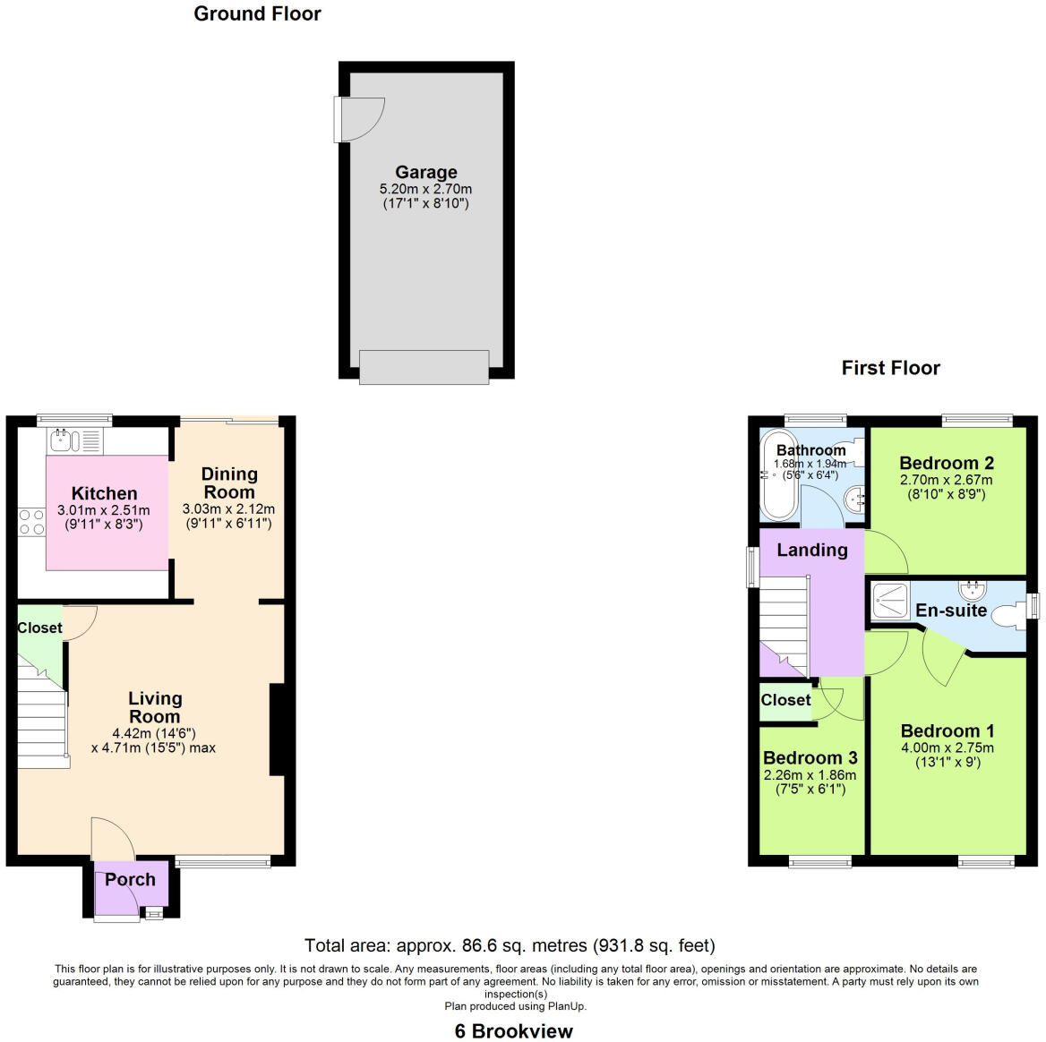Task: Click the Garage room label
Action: (426, 172)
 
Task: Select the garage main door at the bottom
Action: (424, 367)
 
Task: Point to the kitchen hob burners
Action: (32, 521)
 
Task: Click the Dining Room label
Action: (229, 483)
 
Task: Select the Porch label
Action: (130, 879)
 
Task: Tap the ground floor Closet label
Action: (39, 628)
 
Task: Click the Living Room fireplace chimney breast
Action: (277, 729)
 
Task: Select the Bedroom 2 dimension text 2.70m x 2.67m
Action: (947, 480)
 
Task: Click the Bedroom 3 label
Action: (810, 757)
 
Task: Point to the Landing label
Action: (811, 550)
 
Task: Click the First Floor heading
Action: (890, 368)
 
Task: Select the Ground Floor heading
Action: (257, 13)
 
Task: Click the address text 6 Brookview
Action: (513, 1030)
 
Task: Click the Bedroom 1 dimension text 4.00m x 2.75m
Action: (947, 747)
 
